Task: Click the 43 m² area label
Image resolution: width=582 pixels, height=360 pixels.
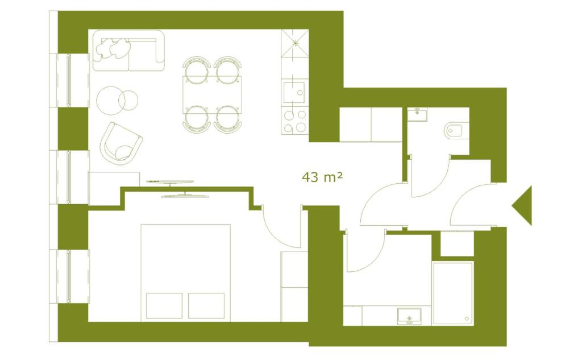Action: tap(322, 177)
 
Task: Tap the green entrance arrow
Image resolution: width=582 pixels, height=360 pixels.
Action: tap(523, 205)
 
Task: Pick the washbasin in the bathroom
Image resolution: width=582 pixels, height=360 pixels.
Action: tap(409, 316)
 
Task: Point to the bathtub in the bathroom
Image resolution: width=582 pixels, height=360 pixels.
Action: tap(453, 293)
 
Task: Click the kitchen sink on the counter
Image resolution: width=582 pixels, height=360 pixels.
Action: tap(294, 91)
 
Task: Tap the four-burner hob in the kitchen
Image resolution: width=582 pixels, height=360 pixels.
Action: tap(294, 121)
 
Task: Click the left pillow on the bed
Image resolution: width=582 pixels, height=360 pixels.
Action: tap(164, 305)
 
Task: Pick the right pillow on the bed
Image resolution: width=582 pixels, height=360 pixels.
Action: tap(207, 305)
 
